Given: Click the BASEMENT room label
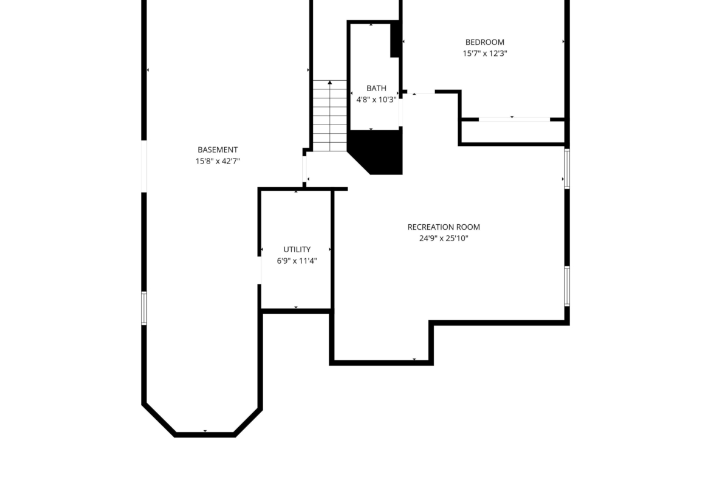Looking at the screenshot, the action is [x=218, y=149].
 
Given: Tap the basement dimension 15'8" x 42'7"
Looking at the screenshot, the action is [x=218, y=161].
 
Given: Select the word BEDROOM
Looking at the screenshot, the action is [x=485, y=42].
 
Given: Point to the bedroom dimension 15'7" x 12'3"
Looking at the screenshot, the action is [x=485, y=53].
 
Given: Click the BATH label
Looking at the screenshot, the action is [x=376, y=89].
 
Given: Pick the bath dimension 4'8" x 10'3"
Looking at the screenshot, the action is [x=376, y=100].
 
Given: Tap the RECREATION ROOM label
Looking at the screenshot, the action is [x=444, y=227].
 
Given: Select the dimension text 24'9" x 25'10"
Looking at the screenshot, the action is [x=444, y=238].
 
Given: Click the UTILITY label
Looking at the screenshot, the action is [x=297, y=249].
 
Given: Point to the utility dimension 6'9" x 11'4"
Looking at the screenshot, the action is [x=297, y=261].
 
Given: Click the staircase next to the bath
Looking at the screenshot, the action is [x=329, y=116].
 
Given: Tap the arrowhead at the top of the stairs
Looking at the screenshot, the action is [x=329, y=83].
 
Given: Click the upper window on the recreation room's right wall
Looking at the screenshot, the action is [x=567, y=168].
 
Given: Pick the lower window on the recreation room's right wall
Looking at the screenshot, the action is [x=567, y=286].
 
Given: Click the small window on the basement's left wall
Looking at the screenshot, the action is [x=144, y=308].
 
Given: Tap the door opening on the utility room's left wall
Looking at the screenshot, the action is [x=260, y=270].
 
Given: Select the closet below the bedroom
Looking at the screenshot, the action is [x=512, y=132].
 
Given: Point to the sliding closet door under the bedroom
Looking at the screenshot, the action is [x=514, y=119].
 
